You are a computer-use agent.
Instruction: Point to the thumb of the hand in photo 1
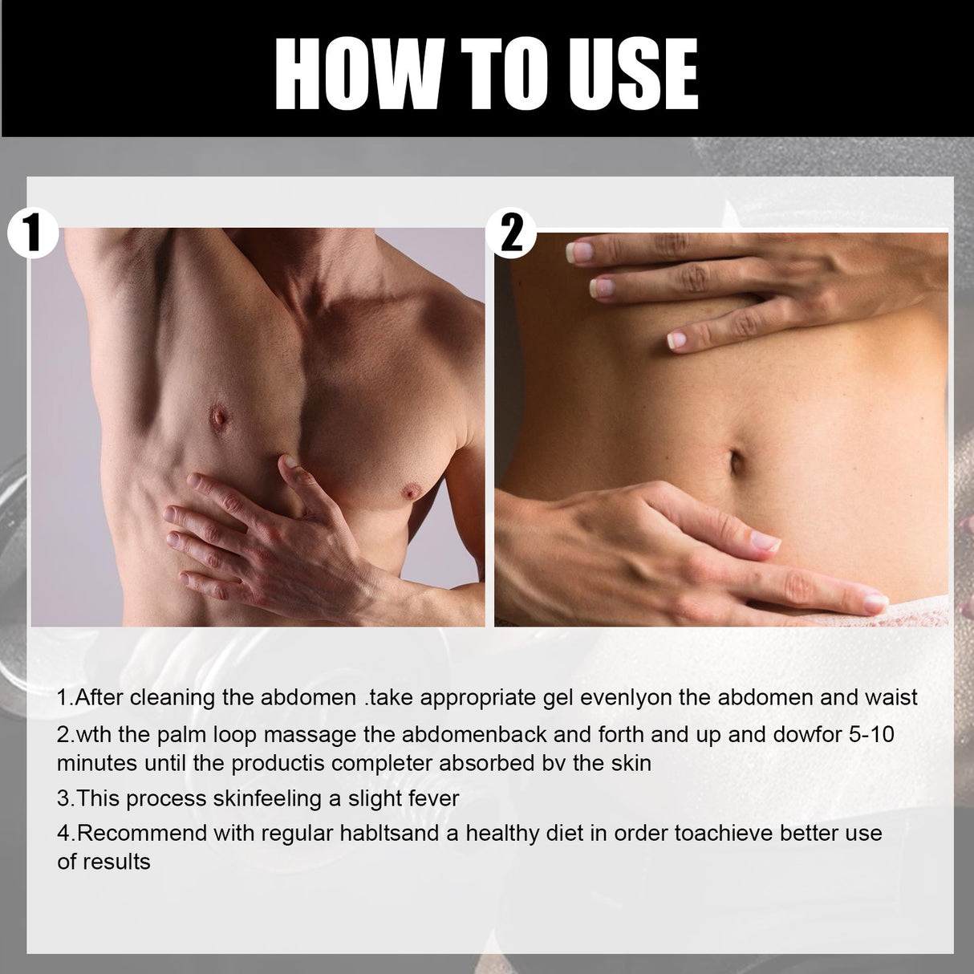[290, 473]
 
